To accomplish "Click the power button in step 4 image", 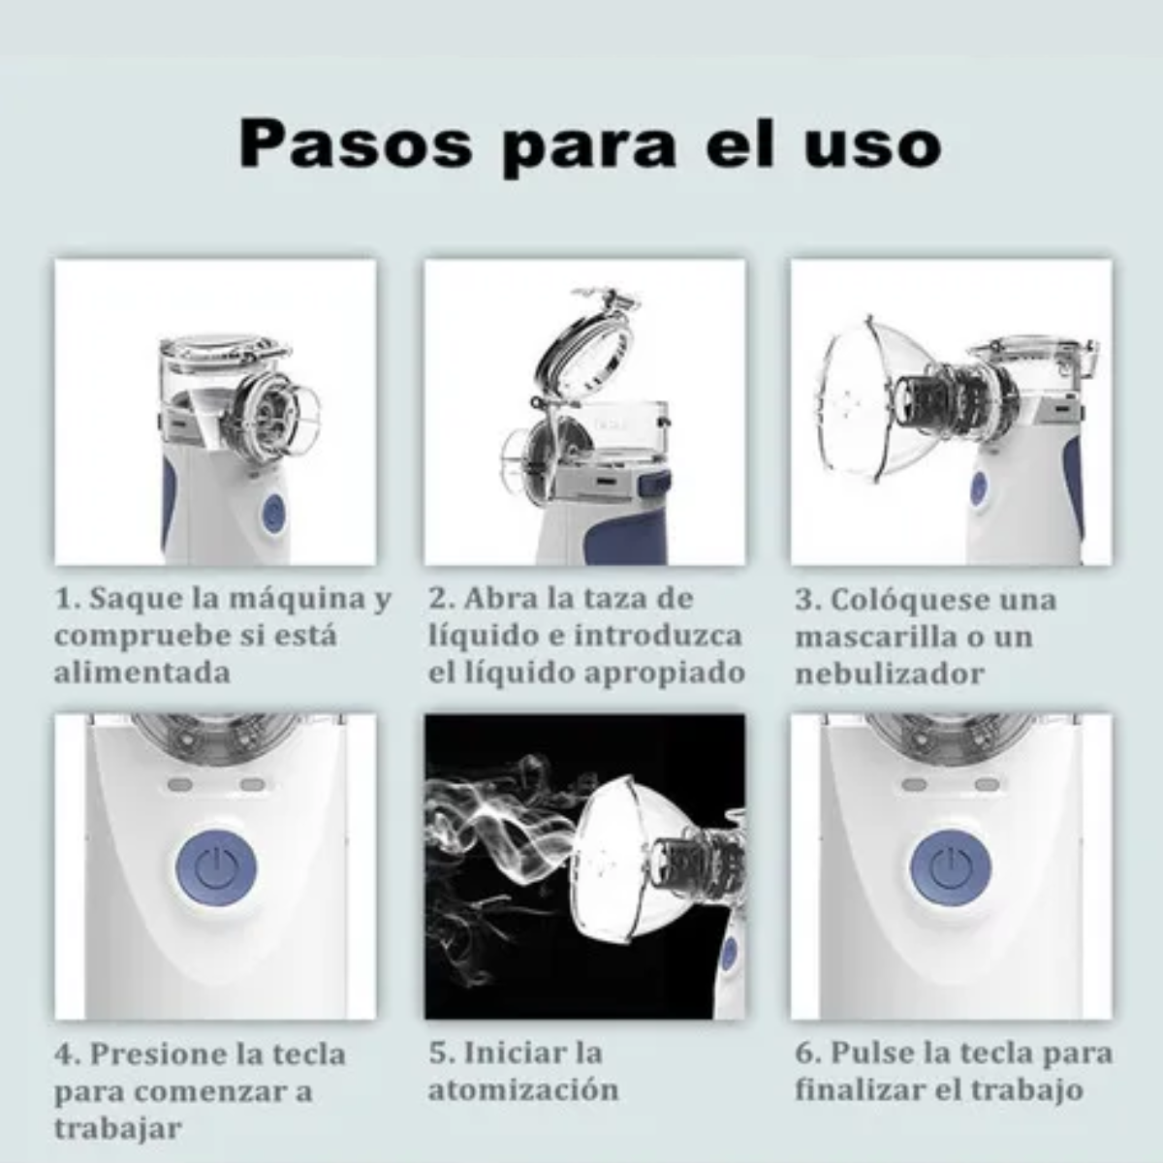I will pyautogui.click(x=215, y=866).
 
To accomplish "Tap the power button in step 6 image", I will pyautogui.click(x=951, y=866).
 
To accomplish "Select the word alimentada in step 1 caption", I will pyautogui.click(x=142, y=673).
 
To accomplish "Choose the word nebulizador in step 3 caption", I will pyautogui.click(x=890, y=674).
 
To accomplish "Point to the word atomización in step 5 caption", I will pyautogui.click(x=523, y=1090).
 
